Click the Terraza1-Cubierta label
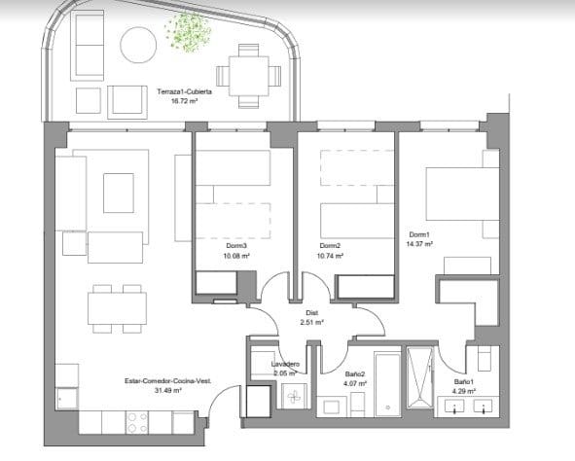click(184, 91)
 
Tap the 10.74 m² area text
click(333, 257)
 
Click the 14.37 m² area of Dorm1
click(420, 245)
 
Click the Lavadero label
click(284, 363)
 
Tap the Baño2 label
click(355, 373)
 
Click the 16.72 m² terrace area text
click(184, 101)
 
